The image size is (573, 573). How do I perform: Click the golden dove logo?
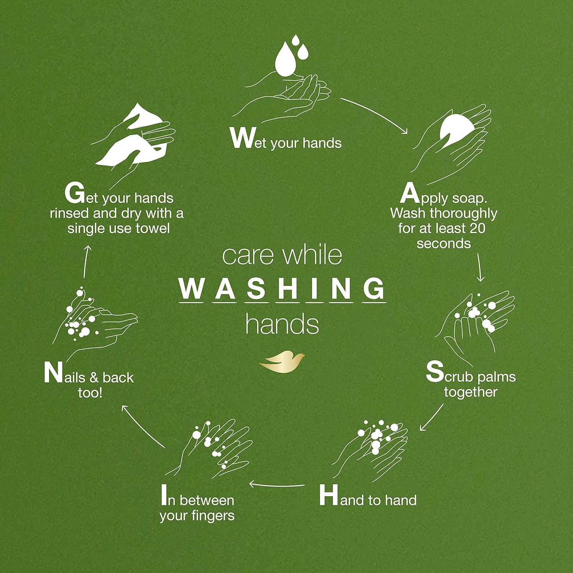tap(282, 362)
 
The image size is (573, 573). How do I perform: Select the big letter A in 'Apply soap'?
tap(410, 194)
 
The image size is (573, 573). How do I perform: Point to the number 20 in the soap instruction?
tap(477, 228)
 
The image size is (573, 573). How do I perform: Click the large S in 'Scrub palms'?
tap(435, 371)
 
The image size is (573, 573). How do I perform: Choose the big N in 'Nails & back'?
tap(53, 372)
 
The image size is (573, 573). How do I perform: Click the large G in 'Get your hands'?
tap(74, 193)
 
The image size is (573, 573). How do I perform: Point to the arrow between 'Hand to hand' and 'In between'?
tap(277, 485)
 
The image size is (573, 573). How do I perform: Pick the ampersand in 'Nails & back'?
tap(94, 378)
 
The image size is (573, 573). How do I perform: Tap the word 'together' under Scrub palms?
tap(470, 392)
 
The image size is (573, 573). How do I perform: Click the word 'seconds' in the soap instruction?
tap(444, 244)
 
